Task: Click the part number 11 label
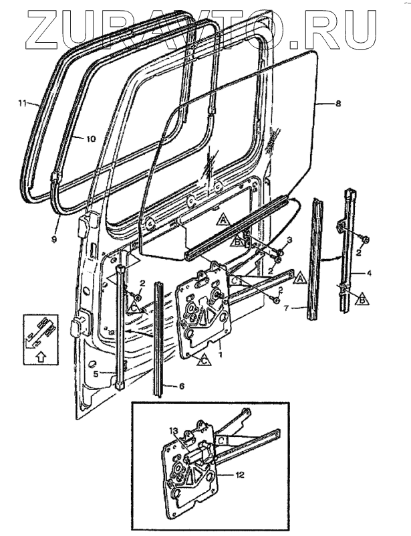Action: point(22,104)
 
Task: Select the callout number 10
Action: point(91,139)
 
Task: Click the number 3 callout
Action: point(289,239)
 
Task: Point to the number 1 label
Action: point(221,347)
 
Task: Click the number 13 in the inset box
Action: point(173,432)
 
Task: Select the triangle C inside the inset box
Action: point(221,442)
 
